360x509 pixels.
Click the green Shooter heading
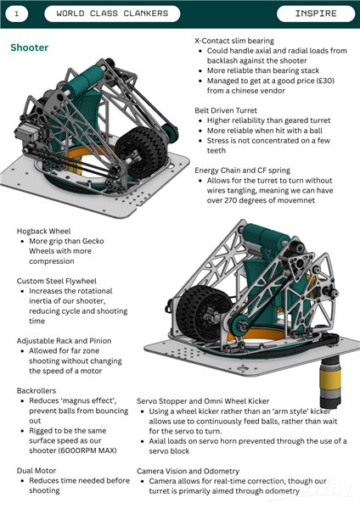point(29,48)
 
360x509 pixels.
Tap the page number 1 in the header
point(17,14)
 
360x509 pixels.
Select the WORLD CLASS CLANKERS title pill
point(112,14)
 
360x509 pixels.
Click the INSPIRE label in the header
point(316,14)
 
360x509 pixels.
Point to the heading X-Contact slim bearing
point(234,41)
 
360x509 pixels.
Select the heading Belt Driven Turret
point(226,110)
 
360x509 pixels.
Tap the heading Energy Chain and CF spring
point(242,171)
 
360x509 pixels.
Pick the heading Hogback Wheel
point(43,231)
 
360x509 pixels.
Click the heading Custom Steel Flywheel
point(57,281)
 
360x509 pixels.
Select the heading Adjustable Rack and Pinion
point(64,340)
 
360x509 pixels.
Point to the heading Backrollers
point(37,390)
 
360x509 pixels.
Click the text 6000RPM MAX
point(87,450)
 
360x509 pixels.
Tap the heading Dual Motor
point(37,470)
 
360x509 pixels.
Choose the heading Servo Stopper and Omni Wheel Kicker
point(203,401)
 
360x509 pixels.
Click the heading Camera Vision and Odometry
point(188,471)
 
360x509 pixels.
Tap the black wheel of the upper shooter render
point(142,148)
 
